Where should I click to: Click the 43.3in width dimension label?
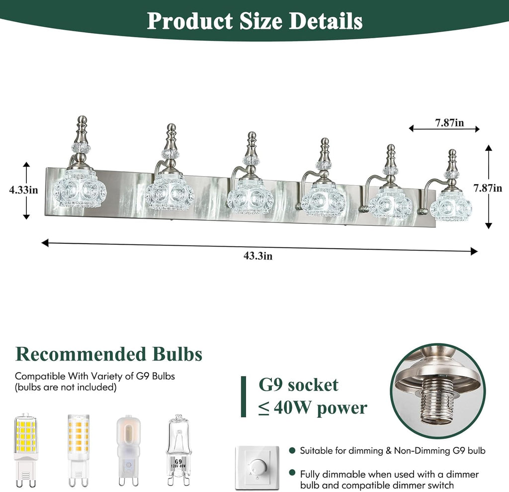[258, 256]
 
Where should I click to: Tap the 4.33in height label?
[24, 190]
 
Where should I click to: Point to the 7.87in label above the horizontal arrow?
[449, 122]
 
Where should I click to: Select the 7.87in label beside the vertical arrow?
[488, 188]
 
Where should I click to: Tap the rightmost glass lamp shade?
[451, 206]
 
